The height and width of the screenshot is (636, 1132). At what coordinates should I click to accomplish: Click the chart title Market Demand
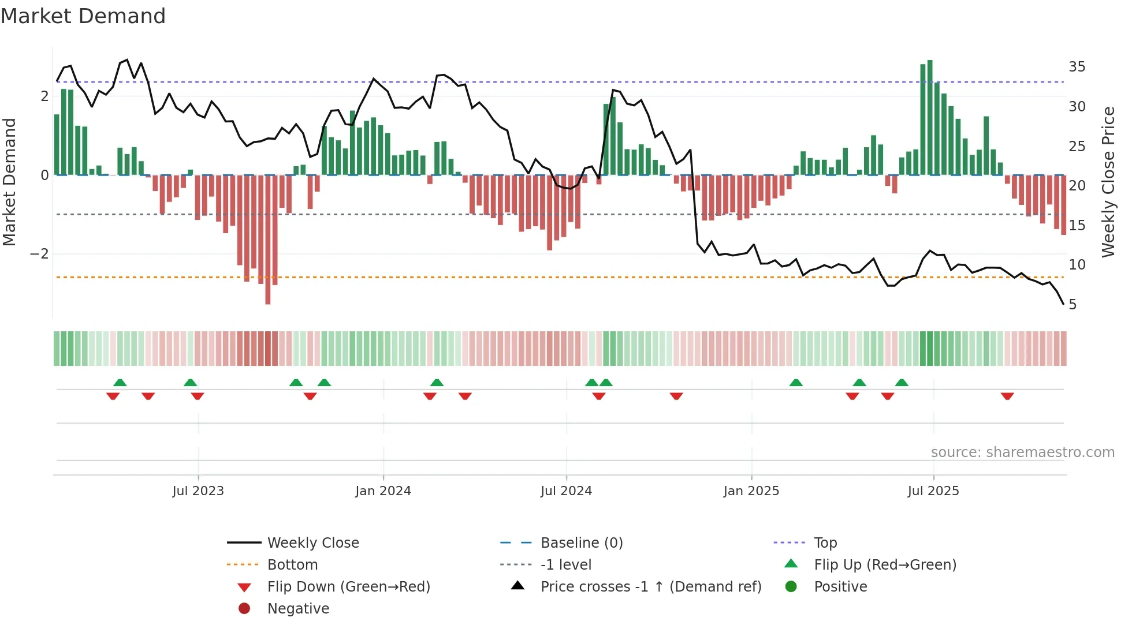pos(83,16)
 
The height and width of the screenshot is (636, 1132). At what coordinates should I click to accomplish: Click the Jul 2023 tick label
pos(198,491)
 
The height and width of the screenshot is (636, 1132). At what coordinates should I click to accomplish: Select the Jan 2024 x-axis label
pos(383,491)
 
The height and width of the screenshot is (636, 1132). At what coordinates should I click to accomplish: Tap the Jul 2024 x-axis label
pos(566,491)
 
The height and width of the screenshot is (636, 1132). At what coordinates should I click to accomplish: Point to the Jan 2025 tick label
pos(751,491)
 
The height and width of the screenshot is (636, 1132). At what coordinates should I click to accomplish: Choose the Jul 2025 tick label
pos(933,491)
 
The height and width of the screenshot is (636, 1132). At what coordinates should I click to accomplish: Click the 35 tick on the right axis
pos(1077,67)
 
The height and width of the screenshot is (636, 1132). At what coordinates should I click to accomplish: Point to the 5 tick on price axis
pos(1073,305)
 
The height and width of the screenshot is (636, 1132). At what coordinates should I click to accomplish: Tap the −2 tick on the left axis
pos(39,254)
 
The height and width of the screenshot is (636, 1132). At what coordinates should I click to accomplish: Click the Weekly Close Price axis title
pos(1108,182)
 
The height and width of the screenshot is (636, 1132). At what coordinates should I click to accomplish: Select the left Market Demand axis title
pos(10,182)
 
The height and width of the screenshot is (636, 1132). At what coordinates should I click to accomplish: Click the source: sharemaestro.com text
pos(1022,452)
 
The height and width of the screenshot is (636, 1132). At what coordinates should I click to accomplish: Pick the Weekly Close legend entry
pos(312,543)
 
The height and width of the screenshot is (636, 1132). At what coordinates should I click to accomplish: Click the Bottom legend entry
pos(292,565)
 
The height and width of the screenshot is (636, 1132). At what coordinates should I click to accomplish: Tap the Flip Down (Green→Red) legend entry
pos(348,587)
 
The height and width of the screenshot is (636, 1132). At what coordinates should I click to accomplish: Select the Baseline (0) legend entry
pos(581,543)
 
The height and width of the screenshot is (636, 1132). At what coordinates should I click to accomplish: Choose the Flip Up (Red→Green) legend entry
pos(885,565)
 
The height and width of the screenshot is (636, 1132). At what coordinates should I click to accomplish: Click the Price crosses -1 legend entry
pos(650,587)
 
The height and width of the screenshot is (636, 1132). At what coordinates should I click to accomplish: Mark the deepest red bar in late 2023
pos(268,240)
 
